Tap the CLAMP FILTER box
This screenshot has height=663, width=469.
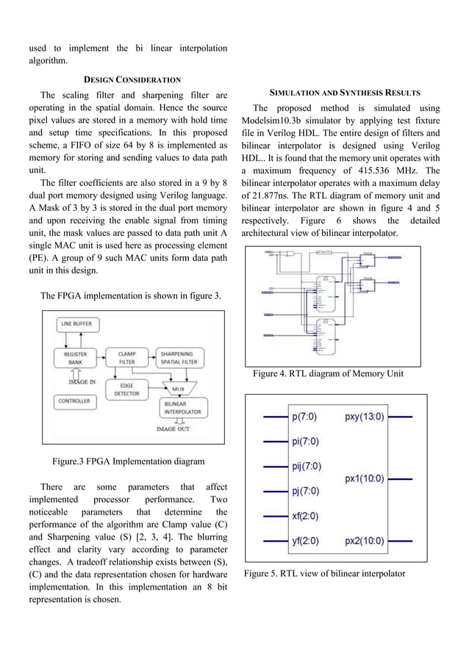coord(126,358)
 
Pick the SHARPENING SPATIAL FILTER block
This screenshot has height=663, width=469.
coord(176,358)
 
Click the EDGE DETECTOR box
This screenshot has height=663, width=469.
coord(126,389)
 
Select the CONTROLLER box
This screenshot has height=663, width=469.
coord(75,401)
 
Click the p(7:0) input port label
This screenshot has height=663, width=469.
coord(304,417)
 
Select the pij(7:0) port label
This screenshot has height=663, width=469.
coord(307,466)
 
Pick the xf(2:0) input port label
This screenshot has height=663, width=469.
coord(304,517)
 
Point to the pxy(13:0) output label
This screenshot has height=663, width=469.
coord(364,417)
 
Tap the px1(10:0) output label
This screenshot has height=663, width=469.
coord(364,479)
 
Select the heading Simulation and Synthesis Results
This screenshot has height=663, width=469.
coord(344,93)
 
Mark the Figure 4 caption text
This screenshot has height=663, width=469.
coord(328,374)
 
